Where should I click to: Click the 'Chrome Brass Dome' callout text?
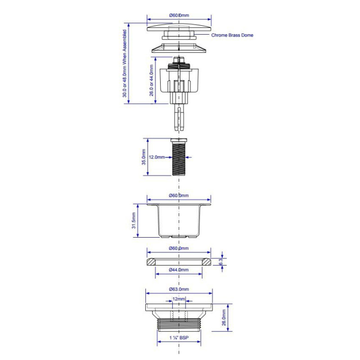(x=232, y=35)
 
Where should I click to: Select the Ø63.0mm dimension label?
(x=179, y=289)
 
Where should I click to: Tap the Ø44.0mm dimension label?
(x=179, y=270)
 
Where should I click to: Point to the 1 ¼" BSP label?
(x=179, y=338)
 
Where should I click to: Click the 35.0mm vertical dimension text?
(x=144, y=157)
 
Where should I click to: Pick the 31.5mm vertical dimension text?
(x=134, y=220)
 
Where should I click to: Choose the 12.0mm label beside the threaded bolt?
(x=157, y=157)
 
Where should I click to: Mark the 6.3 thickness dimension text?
(x=220, y=261)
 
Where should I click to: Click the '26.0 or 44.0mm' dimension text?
(x=151, y=81)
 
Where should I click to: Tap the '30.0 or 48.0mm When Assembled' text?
(x=125, y=63)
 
